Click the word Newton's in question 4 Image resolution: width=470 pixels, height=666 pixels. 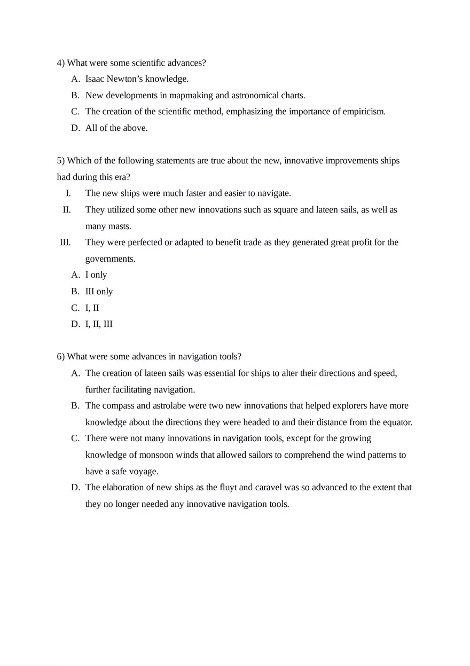click(x=126, y=79)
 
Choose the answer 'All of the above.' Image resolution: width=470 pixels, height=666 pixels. click(x=116, y=128)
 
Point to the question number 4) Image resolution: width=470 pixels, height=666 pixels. click(x=61, y=63)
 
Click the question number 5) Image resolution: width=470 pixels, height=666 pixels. click(x=61, y=161)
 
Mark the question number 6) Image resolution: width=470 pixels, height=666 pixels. click(x=61, y=357)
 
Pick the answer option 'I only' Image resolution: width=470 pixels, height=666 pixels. click(x=96, y=275)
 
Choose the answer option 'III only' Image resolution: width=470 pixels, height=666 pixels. click(x=99, y=292)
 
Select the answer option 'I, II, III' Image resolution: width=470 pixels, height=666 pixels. click(x=99, y=324)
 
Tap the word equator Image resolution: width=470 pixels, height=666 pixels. click(x=397, y=422)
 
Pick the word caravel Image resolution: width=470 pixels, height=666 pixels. click(x=269, y=488)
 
